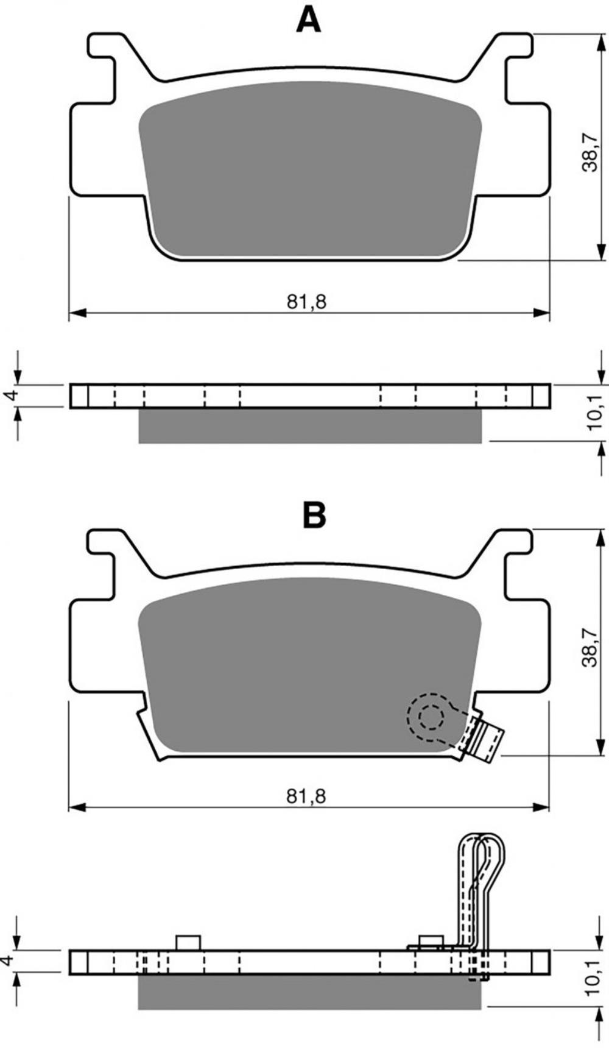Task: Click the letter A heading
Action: (x=308, y=20)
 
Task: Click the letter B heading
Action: (x=314, y=515)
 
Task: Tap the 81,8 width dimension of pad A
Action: (x=307, y=302)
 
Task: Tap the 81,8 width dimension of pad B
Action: (x=307, y=796)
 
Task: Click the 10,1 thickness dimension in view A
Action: (x=594, y=412)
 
